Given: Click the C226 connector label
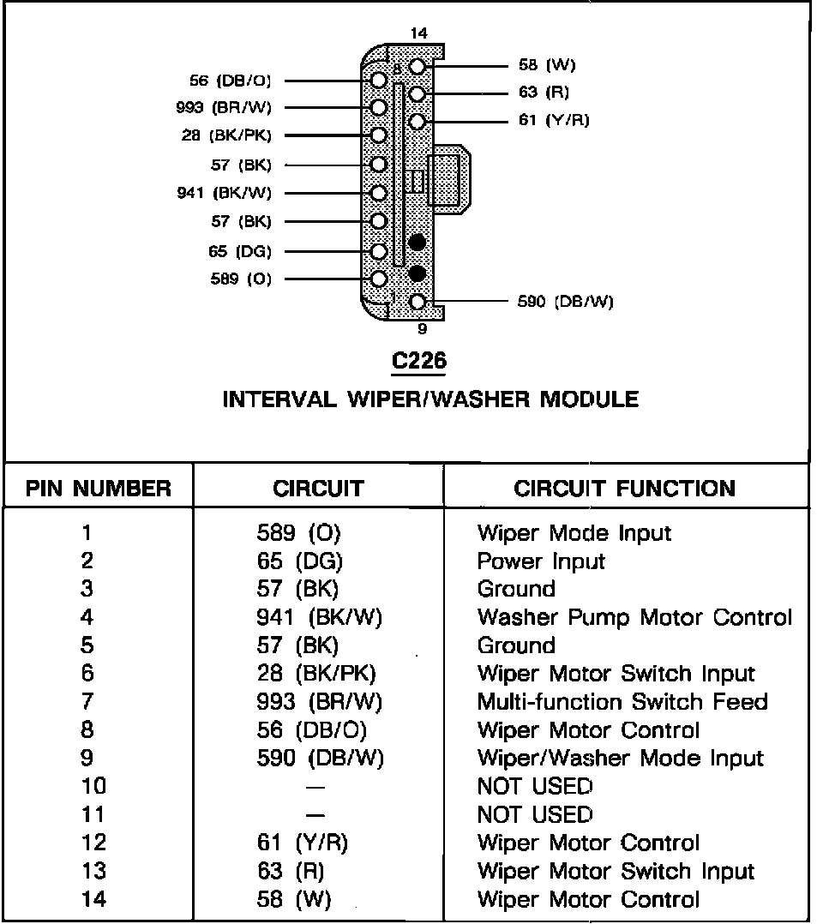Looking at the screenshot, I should [419, 362].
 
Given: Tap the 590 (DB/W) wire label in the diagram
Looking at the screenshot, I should [565, 302].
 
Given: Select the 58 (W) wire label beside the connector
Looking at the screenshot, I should [547, 65].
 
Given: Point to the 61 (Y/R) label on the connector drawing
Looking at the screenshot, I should [554, 121].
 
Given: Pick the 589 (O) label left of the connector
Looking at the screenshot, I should [240, 279].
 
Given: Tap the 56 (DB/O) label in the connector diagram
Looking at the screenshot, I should [230, 81].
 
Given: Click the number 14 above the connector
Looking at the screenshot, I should [419, 33].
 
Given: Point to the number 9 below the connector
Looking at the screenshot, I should [423, 328].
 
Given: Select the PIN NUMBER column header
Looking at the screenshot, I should [98, 489].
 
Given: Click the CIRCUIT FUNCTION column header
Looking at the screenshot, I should [624, 489].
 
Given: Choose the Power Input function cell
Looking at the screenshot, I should [541, 562].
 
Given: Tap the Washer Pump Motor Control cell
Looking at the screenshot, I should [634, 618].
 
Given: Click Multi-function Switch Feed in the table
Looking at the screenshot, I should [622, 702].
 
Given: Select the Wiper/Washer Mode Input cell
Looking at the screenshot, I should [620, 759].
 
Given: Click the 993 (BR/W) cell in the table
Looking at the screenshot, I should [320, 702].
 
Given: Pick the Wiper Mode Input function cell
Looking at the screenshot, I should [574, 534].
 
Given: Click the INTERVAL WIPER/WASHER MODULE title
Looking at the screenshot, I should [430, 400].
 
